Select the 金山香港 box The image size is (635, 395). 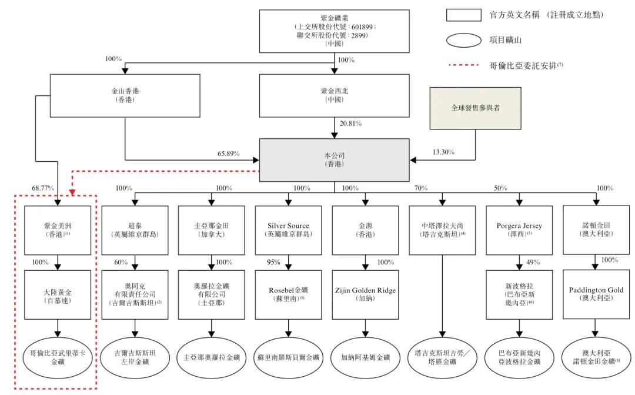tap(125, 95)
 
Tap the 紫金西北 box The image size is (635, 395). tap(335, 95)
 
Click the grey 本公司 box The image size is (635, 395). tap(335, 160)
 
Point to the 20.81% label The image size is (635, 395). tap(350, 124)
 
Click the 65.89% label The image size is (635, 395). tap(229, 154)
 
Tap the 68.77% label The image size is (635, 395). tap(43, 188)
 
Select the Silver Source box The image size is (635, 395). tap(288, 230)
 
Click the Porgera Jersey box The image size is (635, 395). tap(519, 230)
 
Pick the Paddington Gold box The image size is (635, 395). tap(596, 294)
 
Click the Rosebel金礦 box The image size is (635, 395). tap(288, 294)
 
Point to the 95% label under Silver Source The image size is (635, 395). tap(273, 262)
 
